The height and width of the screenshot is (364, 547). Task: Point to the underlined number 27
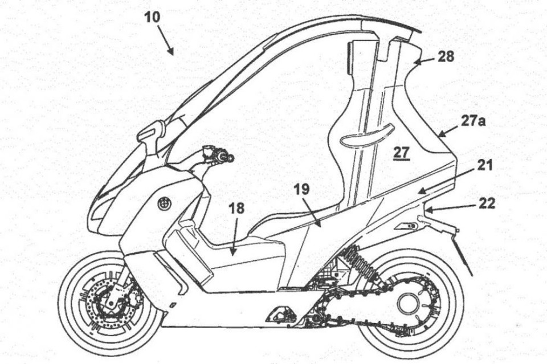click(x=402, y=152)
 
